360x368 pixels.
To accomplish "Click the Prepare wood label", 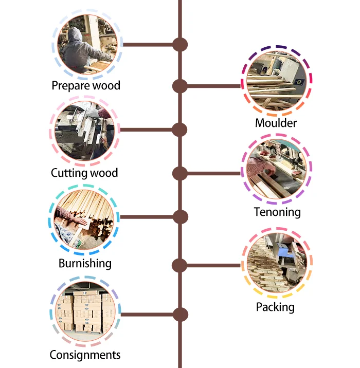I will [86, 85].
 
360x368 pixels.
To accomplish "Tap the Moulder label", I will [276, 123].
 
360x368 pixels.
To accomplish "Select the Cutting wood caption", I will [84, 173].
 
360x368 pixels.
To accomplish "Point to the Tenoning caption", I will [277, 212].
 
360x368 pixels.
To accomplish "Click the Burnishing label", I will [85, 264].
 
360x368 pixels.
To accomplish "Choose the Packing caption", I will [275, 307].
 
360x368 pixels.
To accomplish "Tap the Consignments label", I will [85, 355].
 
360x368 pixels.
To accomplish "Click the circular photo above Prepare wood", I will [86, 44].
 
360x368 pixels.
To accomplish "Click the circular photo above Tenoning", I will [277, 171].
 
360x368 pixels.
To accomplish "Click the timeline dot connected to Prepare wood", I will [179, 45].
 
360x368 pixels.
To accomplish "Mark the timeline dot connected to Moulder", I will [179, 86].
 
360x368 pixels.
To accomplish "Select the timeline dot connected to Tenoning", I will [179, 174].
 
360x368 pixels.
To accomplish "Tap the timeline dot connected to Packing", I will [179, 266].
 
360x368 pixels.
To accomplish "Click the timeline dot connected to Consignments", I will [179, 314].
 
